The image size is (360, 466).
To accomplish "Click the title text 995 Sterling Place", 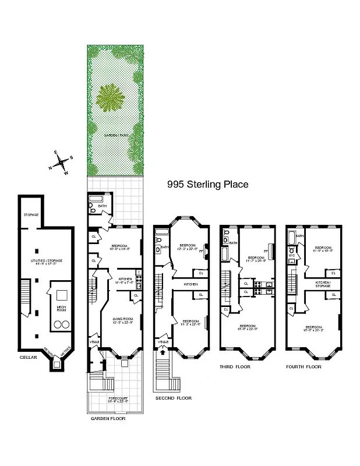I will pyautogui.click(x=207, y=185).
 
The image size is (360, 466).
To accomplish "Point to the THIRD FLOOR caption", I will pyautogui.click(x=235, y=367).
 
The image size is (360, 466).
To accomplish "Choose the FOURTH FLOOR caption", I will pyautogui.click(x=303, y=367).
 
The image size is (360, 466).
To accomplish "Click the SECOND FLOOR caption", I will pyautogui.click(x=173, y=398).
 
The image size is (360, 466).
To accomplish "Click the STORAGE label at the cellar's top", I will pyautogui.click(x=31, y=215).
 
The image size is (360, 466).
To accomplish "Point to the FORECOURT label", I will pyautogui.click(x=118, y=398).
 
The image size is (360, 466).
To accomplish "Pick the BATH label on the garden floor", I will pyautogui.click(x=102, y=206).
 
